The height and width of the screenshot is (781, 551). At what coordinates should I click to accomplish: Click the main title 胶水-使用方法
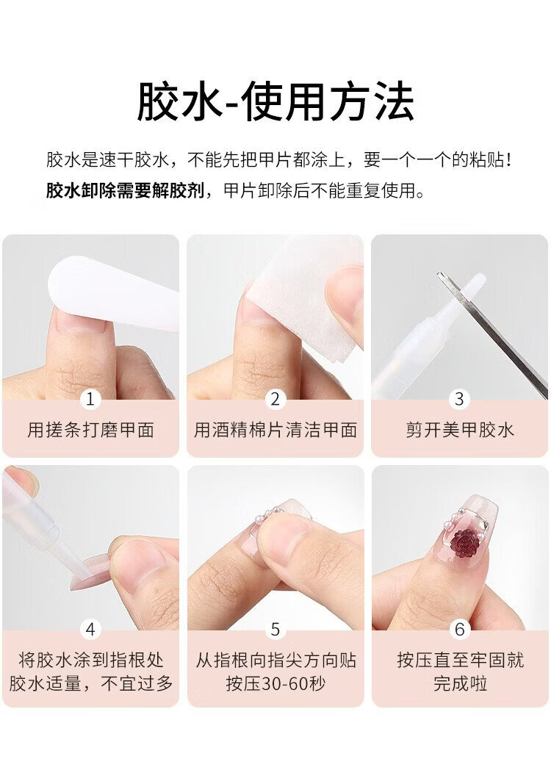pyautogui.click(x=275, y=102)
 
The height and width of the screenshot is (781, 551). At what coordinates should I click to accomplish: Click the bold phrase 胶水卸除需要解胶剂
pyautogui.click(x=125, y=190)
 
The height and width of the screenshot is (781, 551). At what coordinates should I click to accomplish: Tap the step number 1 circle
pyautogui.click(x=90, y=399)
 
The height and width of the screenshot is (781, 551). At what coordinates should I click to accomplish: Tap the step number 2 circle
pyautogui.click(x=275, y=399)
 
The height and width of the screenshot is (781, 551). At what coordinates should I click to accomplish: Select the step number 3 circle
pyautogui.click(x=459, y=399)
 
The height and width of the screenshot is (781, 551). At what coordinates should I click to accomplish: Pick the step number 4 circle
pyautogui.click(x=90, y=630)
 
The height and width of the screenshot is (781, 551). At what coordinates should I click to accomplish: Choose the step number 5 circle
pyautogui.click(x=275, y=630)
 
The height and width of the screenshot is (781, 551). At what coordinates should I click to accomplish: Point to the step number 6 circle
pyautogui.click(x=459, y=630)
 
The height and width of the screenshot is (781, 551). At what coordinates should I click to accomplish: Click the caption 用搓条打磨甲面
pyautogui.click(x=90, y=429)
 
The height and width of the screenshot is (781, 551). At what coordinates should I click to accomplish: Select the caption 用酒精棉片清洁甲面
pyautogui.click(x=275, y=429)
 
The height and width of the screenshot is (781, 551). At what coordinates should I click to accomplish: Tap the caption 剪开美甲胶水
pyautogui.click(x=459, y=429)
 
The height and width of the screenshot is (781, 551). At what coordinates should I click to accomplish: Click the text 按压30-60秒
pyautogui.click(x=275, y=683)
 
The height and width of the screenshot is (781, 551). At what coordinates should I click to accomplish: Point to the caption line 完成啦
pyautogui.click(x=460, y=683)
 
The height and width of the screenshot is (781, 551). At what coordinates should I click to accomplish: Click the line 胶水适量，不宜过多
pyautogui.click(x=90, y=683)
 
